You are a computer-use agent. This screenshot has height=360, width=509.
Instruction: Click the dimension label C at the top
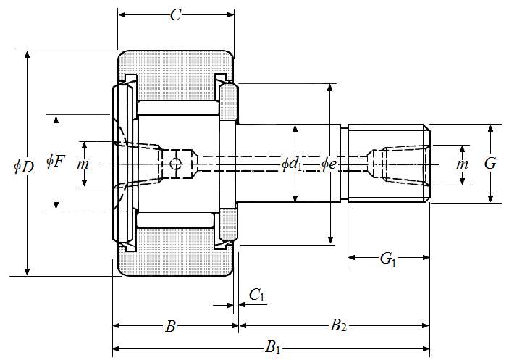click(175, 15)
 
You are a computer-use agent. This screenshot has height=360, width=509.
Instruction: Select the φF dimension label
click(56, 162)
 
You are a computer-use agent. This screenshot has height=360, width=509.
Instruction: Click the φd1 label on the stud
click(292, 164)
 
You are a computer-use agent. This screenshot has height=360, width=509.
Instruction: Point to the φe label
click(329, 164)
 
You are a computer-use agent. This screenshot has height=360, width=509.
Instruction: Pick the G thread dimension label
click(490, 164)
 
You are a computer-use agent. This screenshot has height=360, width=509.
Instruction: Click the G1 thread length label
click(388, 259)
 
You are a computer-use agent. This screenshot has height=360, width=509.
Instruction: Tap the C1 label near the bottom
click(257, 296)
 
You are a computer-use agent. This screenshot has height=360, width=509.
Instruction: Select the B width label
click(171, 326)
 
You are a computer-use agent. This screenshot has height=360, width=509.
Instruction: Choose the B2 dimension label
click(338, 325)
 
